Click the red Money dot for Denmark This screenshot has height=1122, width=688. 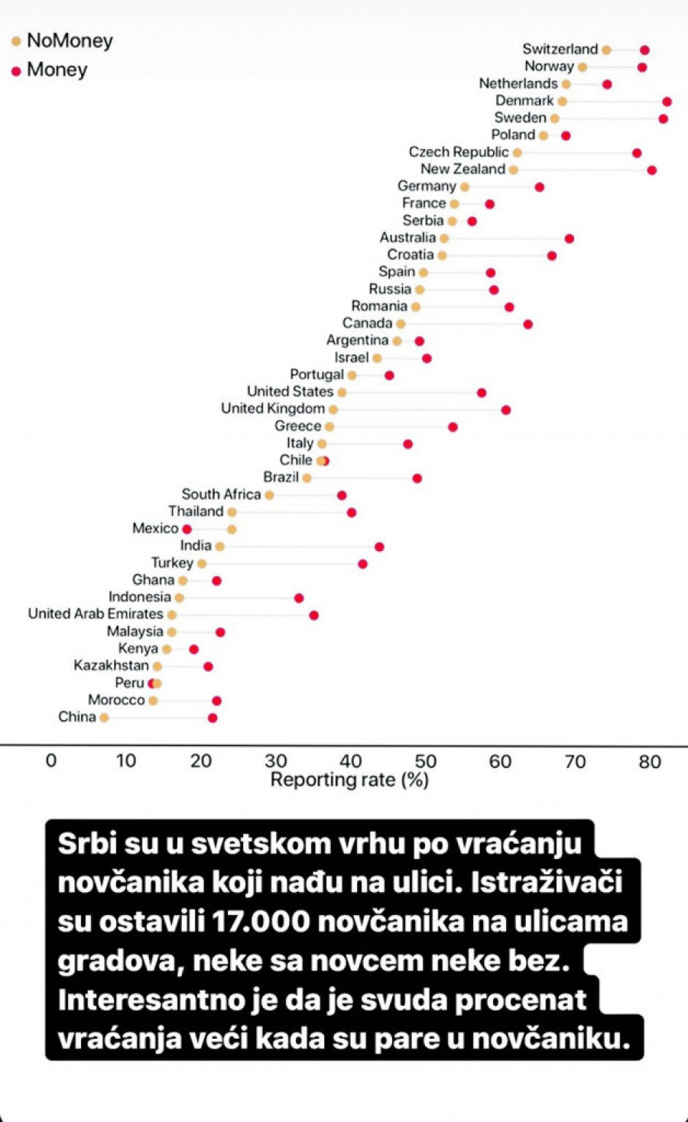coord(667,102)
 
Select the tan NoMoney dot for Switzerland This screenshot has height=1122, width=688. coord(606,50)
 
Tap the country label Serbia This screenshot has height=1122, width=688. coord(423,220)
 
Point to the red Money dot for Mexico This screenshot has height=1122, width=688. coord(187,529)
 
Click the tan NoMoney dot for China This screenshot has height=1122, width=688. coord(104,718)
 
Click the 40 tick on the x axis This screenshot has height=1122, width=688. coord(351,760)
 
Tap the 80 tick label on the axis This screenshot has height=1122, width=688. coord(650,760)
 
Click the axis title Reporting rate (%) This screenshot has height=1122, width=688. coord(349,780)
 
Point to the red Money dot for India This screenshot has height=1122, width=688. coord(379,546)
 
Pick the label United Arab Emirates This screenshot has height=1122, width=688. coord(96,614)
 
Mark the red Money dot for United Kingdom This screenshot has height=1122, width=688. coord(505,410)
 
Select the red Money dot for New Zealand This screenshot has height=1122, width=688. coord(651,170)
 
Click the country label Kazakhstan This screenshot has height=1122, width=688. coord(111,665)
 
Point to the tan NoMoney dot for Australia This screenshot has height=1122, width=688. coord(444,238)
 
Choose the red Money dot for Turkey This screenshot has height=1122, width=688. coord(362,564)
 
